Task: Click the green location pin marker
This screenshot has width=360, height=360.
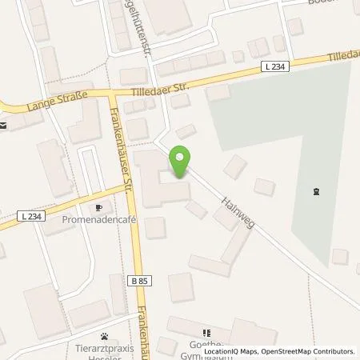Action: [181, 162]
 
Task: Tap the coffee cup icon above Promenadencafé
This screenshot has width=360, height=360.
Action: [98, 209]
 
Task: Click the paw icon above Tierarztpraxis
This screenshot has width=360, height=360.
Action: [104, 337]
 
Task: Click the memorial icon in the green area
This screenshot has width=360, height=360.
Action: [315, 191]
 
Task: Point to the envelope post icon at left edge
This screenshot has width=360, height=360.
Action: [4, 126]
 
